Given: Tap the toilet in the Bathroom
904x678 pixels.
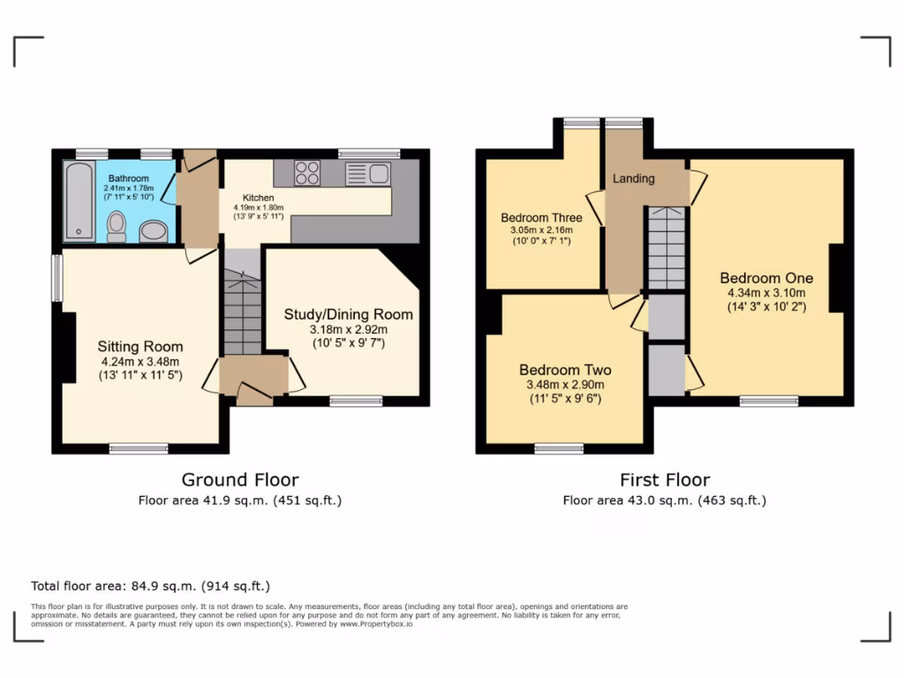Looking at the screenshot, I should [116, 227].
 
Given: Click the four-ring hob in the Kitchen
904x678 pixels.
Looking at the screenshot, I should [307, 172].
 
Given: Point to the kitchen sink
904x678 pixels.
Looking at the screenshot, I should [368, 173].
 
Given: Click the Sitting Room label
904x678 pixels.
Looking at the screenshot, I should [140, 346].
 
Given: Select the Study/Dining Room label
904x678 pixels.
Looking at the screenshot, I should [348, 314].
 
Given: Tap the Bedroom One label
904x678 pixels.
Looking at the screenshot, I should [765, 278].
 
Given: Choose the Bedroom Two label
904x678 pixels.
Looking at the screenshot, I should [565, 370].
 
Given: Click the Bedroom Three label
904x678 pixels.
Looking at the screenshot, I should [541, 218].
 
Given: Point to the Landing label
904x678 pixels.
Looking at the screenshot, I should [634, 178].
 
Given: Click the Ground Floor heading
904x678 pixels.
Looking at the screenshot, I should [239, 480].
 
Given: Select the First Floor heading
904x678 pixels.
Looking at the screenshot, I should [664, 480].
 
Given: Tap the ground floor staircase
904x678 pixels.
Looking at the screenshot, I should [241, 313].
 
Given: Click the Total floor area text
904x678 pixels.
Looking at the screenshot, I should [150, 585].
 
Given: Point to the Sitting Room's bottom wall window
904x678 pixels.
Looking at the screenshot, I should [139, 448].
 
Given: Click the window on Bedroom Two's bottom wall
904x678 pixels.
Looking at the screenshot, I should [558, 448].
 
